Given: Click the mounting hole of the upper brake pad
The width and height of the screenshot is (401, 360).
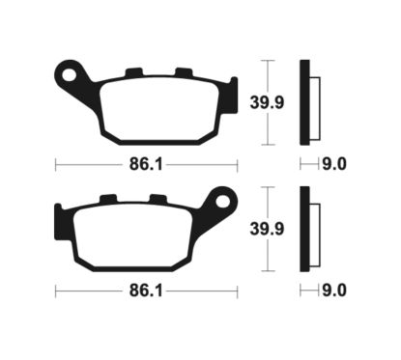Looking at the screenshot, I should point(68,72).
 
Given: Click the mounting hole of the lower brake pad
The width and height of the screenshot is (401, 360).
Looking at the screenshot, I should point(224,202).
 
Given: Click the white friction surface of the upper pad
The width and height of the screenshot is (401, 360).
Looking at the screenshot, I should point(159,108).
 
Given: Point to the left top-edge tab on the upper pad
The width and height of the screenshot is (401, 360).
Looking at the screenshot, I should point(134,70).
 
